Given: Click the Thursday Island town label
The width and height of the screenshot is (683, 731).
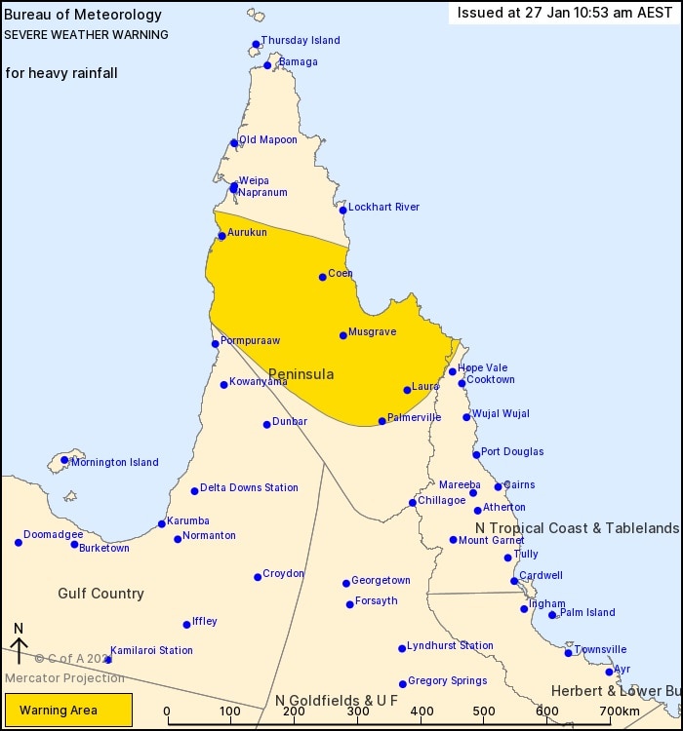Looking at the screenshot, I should click(301, 41).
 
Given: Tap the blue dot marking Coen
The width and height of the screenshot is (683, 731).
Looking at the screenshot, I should click(323, 277).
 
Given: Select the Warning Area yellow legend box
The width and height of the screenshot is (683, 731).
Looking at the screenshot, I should click(68, 711).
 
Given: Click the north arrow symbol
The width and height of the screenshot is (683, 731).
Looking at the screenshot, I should click(18, 644).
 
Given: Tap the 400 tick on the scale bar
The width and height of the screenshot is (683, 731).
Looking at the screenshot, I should click(422, 712).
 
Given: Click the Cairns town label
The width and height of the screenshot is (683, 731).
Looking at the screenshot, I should click(519, 485).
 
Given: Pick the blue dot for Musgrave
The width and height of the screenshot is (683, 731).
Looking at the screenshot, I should click(343, 335).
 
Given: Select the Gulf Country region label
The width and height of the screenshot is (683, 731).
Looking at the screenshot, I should click(100, 594).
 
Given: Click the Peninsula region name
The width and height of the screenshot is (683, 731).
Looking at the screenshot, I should click(301, 374).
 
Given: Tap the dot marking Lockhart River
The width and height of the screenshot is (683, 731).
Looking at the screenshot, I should click(343, 210).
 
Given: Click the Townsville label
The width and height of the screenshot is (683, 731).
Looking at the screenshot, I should click(600, 650).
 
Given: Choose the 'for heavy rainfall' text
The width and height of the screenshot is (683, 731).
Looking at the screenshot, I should click(61, 73).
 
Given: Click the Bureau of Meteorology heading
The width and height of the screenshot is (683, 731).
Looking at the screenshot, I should click(69, 16).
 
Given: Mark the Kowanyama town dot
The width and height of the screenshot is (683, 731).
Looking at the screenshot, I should click(223, 385).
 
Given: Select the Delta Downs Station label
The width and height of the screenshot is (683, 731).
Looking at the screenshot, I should click(249, 488).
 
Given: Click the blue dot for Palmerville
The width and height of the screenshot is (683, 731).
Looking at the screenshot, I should click(382, 421).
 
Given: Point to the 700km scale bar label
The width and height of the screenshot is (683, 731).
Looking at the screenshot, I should click(620, 712).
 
